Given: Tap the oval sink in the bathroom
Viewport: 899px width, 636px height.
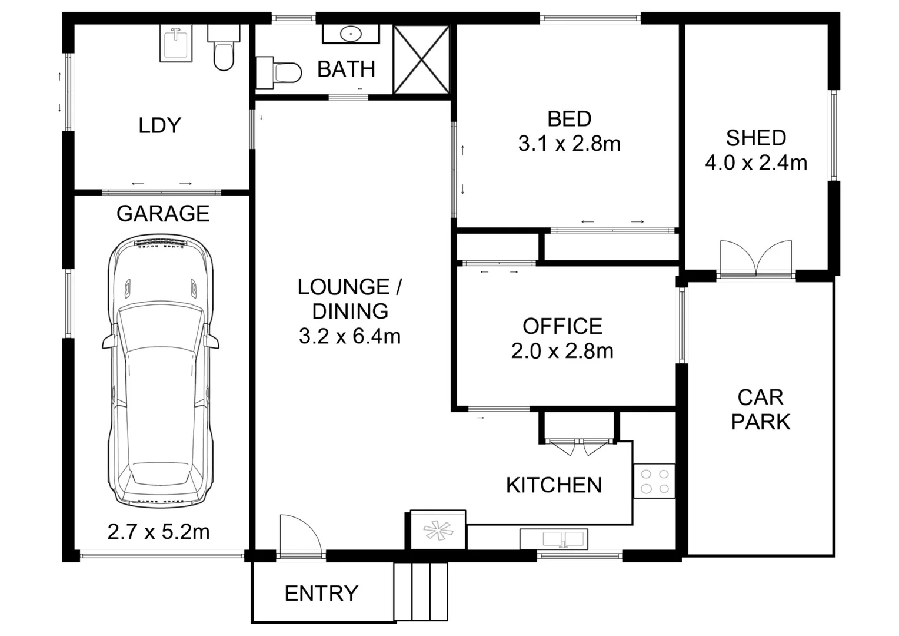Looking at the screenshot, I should pyautogui.click(x=351, y=34).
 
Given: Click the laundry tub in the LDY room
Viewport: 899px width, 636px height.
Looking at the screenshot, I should pyautogui.click(x=176, y=43).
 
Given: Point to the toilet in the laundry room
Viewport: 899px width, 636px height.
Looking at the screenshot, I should pyautogui.click(x=224, y=48).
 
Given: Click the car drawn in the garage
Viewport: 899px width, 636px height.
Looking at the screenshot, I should pyautogui.click(x=160, y=371).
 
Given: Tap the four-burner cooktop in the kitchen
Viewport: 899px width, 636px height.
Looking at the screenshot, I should pyautogui.click(x=654, y=481).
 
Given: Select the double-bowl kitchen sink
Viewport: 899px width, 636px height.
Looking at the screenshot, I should pyautogui.click(x=554, y=539).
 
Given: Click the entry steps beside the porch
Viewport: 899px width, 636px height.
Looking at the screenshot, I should pyautogui.click(x=421, y=591).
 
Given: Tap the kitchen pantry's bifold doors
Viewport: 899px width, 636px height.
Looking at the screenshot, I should pyautogui.click(x=578, y=447).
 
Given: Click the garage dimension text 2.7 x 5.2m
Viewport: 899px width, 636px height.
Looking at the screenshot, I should pyautogui.click(x=158, y=532).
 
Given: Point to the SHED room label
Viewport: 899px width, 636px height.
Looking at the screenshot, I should pyautogui.click(x=756, y=138).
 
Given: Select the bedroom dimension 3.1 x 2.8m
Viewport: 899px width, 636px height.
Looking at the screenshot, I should pyautogui.click(x=569, y=144).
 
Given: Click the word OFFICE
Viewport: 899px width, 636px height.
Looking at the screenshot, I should pyautogui.click(x=562, y=326).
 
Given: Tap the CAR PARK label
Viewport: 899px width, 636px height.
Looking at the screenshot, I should pyautogui.click(x=760, y=410).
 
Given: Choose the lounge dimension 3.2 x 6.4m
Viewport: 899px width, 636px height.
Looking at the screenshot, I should pyautogui.click(x=349, y=336).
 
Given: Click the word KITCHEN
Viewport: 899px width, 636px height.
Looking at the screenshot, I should pyautogui.click(x=554, y=485).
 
